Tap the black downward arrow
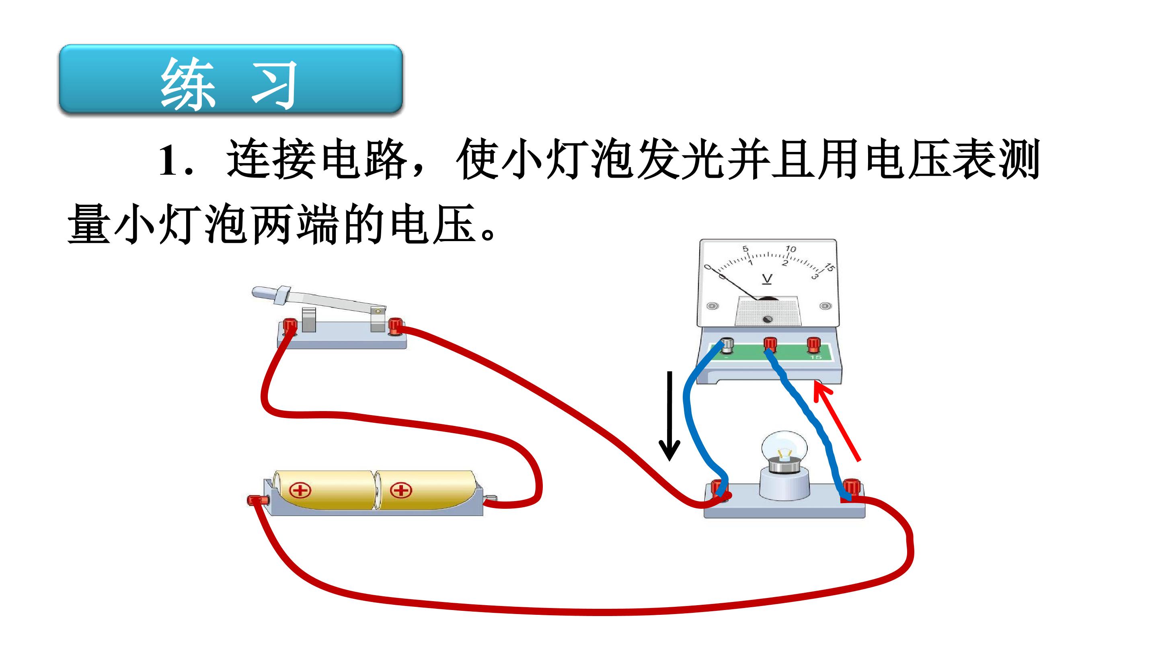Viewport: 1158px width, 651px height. click(x=669, y=416)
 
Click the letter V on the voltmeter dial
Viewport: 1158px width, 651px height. click(x=767, y=279)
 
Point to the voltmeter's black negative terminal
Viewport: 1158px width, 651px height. click(x=727, y=346)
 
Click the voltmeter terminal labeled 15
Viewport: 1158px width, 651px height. click(x=814, y=345)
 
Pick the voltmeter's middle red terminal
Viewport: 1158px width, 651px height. click(x=770, y=345)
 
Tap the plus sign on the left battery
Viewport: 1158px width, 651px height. click(x=300, y=490)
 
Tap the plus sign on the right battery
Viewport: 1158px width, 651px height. click(x=401, y=490)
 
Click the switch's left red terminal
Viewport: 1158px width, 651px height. click(x=289, y=326)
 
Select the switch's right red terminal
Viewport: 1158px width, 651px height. click(x=395, y=326)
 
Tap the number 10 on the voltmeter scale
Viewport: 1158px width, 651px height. click(x=790, y=248)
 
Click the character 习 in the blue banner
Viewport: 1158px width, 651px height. click(x=274, y=84)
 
